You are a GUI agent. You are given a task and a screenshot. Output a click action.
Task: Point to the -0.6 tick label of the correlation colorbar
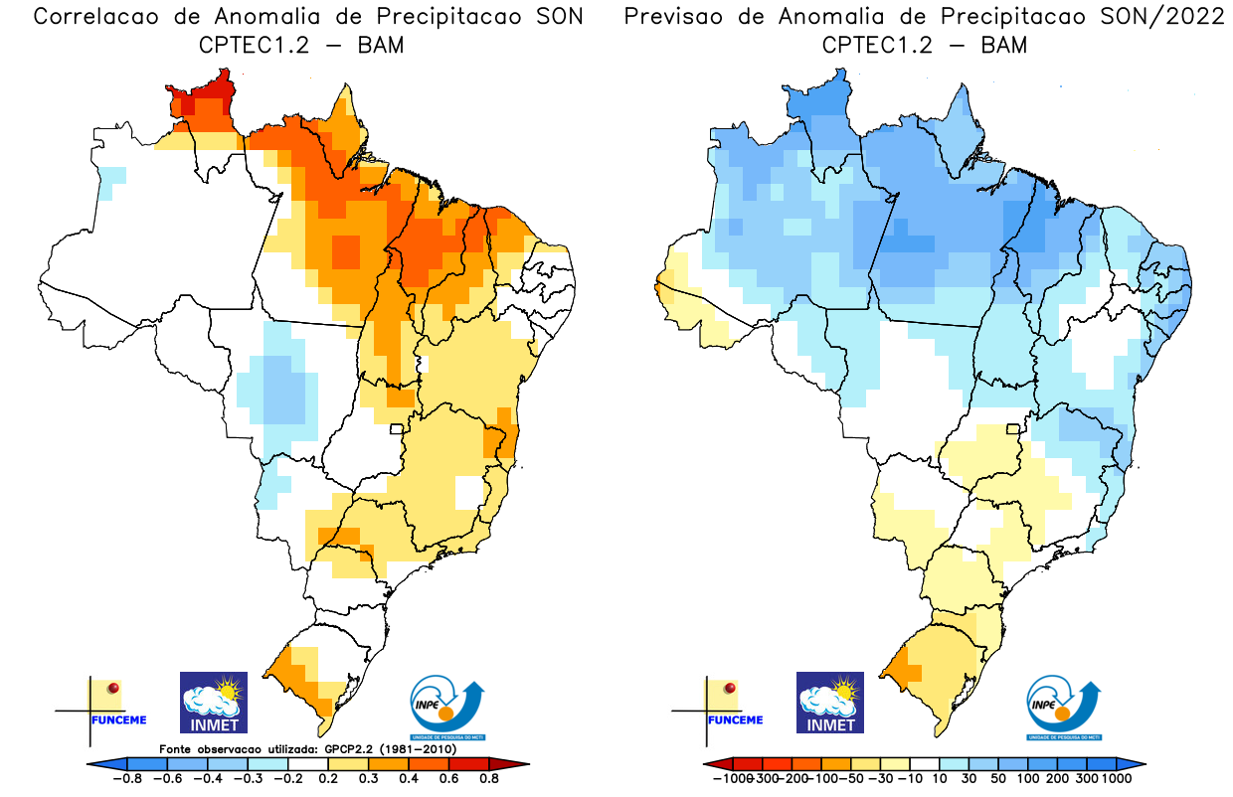coord(171,778)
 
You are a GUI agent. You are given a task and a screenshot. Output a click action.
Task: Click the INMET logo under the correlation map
coord(213,702)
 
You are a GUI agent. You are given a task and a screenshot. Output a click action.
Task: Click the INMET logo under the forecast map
coord(830,702)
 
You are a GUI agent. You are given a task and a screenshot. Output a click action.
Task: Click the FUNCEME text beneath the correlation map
coord(118,719)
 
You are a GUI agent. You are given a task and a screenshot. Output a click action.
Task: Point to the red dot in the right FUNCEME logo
coord(731,688)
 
